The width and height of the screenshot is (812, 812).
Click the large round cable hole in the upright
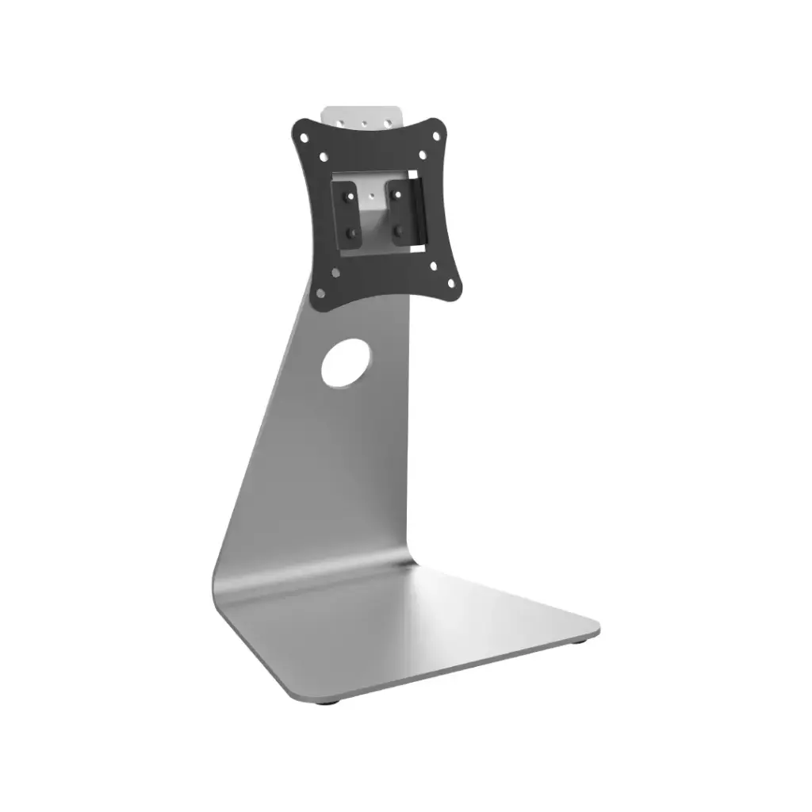point(345,363)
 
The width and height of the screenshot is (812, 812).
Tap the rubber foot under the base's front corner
point(326,701)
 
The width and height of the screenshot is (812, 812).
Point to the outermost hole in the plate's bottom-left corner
point(322,291)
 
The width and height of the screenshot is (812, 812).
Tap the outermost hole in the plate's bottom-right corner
point(453,282)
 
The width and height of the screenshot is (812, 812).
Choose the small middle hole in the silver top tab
point(364,123)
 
